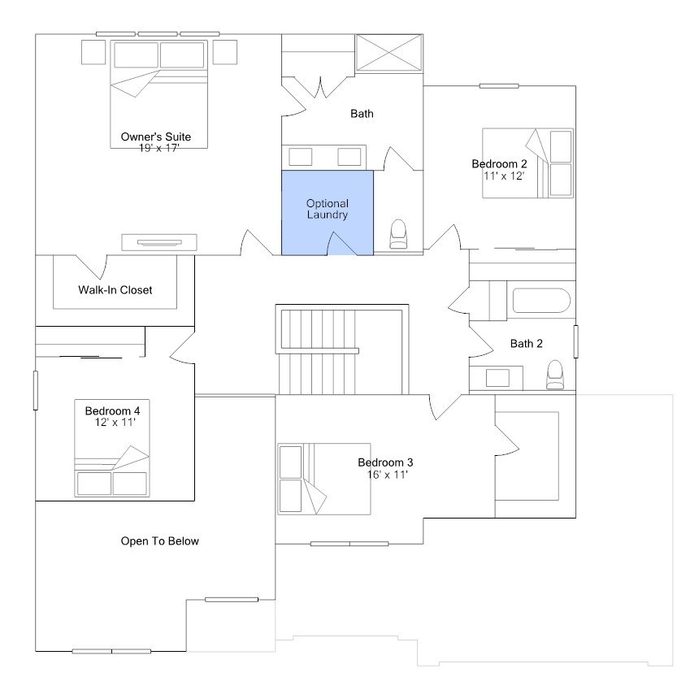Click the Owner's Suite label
pyautogui.click(x=156, y=136)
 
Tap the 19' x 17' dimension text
pyautogui.click(x=158, y=147)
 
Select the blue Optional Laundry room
pyautogui.click(x=328, y=210)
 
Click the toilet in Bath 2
pyautogui.click(x=556, y=375)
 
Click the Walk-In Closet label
pyautogui.click(x=115, y=289)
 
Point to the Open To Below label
pyautogui.click(x=160, y=540)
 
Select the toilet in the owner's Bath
pyautogui.click(x=399, y=235)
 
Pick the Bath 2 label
pyautogui.click(x=526, y=344)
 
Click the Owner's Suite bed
pyautogui.click(x=158, y=89)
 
